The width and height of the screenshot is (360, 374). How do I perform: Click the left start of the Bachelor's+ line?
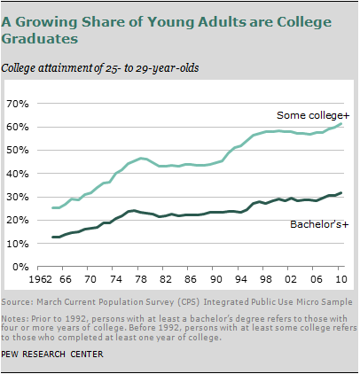[52, 237]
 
